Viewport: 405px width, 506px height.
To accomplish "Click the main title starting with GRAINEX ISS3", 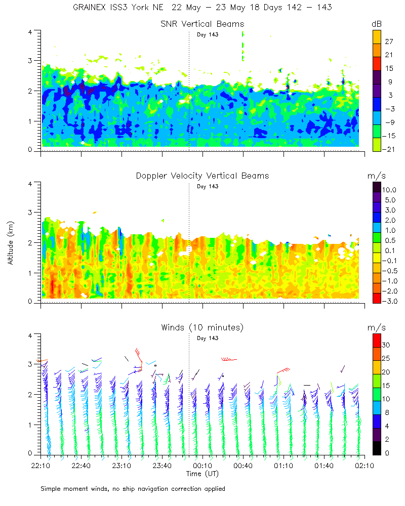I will [x=202, y=8].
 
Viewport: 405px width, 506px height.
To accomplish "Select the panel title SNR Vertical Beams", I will [x=202, y=24].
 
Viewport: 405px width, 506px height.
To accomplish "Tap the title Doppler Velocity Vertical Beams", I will [x=202, y=176].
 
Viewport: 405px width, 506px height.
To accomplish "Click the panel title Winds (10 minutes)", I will [x=202, y=327].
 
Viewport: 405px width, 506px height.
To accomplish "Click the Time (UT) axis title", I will [x=202, y=474].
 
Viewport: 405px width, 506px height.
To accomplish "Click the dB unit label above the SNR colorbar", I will [x=377, y=24].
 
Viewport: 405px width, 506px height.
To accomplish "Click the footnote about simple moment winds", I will [x=133, y=489].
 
